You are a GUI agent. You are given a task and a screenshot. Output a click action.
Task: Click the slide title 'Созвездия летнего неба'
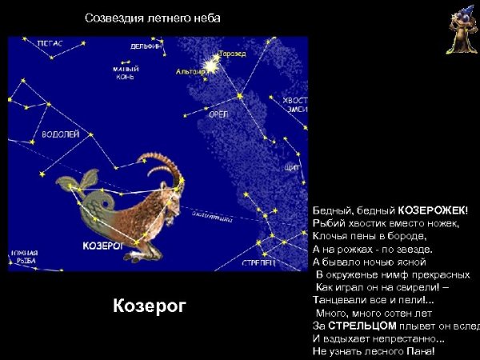coord(152,18)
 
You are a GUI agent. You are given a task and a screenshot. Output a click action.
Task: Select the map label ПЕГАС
coord(50,45)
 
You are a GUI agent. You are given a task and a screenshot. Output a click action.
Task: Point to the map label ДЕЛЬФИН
coord(146,46)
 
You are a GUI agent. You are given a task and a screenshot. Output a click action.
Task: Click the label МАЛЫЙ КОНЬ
coord(124,74)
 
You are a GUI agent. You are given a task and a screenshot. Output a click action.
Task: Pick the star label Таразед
coord(233,54)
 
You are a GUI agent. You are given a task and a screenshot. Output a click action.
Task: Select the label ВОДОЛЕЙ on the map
coord(60,135)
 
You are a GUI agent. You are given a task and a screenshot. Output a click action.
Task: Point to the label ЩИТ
coord(292,168)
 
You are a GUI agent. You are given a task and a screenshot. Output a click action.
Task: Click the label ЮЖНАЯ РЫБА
coord(24,258)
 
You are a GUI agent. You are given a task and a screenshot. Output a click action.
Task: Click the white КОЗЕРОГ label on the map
coord(102,246)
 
